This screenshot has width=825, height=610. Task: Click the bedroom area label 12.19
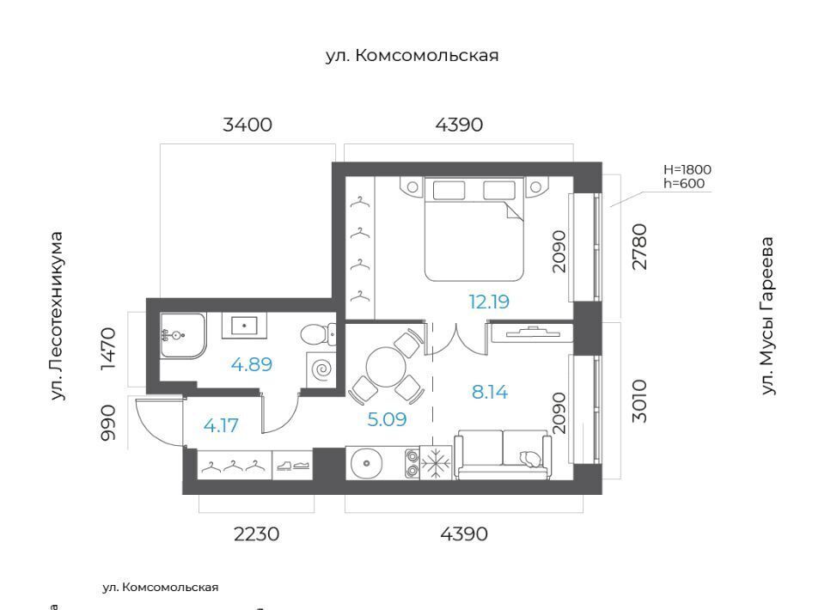click(x=489, y=302)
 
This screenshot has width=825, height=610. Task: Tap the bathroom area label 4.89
click(x=252, y=364)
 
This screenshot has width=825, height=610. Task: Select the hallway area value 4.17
click(x=221, y=425)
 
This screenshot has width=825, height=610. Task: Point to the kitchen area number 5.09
click(x=387, y=419)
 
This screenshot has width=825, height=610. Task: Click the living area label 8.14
click(x=490, y=392)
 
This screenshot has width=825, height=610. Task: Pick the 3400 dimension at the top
click(x=247, y=125)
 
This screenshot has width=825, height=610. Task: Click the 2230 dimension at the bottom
click(x=256, y=534)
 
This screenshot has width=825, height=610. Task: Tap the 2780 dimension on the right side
click(x=639, y=247)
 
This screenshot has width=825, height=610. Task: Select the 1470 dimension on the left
click(x=108, y=349)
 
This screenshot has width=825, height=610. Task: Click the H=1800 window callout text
click(x=687, y=169)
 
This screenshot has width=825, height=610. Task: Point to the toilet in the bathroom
click(x=318, y=334)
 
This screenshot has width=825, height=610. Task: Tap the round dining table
click(x=387, y=367)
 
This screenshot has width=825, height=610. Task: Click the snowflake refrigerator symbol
click(x=436, y=463)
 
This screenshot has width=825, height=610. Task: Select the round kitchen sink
click(x=367, y=463)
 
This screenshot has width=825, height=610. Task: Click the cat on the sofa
click(x=530, y=459)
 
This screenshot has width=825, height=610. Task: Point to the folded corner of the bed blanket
click(x=514, y=210)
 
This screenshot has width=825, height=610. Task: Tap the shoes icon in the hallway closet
click(x=292, y=465)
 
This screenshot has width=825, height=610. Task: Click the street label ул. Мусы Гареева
click(x=767, y=315)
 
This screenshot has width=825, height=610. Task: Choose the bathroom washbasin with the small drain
click(x=244, y=326)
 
